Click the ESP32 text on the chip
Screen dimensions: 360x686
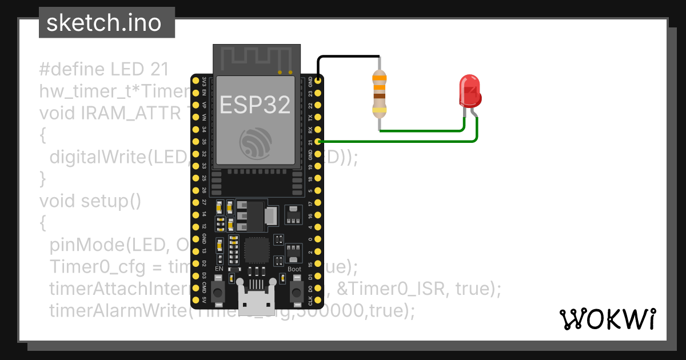point(255,105)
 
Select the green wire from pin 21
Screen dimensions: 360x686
point(400,141)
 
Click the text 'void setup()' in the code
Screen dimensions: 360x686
point(90,201)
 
